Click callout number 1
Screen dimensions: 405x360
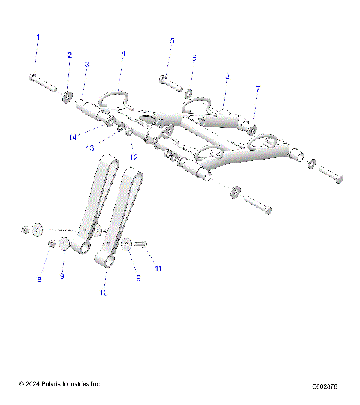coord(39,37)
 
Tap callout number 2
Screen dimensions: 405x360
coord(70,55)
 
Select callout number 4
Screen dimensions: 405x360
coord(123,54)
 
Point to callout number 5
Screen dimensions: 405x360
coord(172,40)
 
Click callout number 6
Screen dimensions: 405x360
coord(194,58)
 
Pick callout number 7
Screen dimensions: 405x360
coord(257,89)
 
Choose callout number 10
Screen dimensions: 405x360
coord(104,292)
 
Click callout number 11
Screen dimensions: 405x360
coord(157,268)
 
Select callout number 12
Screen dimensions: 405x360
coord(134,157)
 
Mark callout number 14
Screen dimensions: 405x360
coord(73,137)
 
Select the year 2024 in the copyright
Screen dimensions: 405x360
coord(31,384)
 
